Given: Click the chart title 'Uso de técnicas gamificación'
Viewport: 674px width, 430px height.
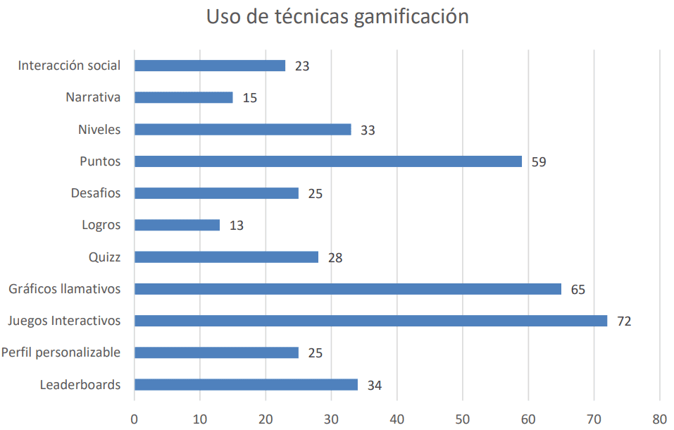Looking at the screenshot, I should coord(337,17).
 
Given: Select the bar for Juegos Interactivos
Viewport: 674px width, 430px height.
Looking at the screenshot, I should coord(370,321).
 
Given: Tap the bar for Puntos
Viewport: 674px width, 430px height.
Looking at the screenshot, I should coord(327,161).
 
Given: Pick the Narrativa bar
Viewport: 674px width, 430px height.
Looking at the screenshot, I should coord(183,97).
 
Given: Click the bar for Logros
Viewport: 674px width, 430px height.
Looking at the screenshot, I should coord(177,225).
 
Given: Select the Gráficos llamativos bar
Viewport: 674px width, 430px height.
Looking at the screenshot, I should coord(347,289).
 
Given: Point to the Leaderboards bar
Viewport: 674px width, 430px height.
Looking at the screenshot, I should coord(246,385).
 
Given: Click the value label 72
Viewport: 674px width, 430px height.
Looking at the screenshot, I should coord(624,321).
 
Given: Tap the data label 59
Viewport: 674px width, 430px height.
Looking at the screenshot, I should coord(539,162).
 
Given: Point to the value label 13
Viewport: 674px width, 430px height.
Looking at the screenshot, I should coord(237,226).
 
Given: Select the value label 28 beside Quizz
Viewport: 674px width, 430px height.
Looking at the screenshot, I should coord(335,258).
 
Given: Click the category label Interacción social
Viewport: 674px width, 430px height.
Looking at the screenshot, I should coord(69,66).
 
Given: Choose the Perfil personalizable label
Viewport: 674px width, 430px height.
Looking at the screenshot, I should coord(61,352).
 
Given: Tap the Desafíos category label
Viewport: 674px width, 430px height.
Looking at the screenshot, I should coord(96,193).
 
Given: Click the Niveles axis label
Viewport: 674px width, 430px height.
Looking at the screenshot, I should coord(99,130).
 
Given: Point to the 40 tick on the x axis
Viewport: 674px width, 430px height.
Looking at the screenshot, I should coord(397,417).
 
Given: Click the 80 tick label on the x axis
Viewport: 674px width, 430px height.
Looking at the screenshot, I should coord(660,417).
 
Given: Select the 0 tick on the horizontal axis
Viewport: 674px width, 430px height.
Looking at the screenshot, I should coord(135,417).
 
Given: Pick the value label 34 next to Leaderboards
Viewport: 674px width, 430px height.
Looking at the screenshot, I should coord(375,386).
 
